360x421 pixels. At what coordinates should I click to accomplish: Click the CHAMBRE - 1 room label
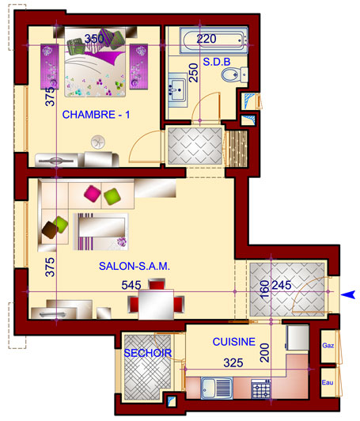tap(96, 115)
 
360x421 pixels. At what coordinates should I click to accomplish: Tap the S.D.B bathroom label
tap(217, 62)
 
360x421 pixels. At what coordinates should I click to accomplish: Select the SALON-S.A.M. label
tap(135, 266)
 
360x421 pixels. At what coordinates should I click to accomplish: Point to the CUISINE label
tap(234, 342)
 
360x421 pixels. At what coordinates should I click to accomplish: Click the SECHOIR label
tap(148, 353)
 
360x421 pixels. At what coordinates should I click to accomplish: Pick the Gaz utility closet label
tap(328, 346)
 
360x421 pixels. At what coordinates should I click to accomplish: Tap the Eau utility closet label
tap(328, 382)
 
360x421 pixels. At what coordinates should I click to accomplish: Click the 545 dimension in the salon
tap(131, 285)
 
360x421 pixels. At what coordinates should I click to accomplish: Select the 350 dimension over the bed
tap(94, 39)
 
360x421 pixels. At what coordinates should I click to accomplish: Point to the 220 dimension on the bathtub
tap(207, 39)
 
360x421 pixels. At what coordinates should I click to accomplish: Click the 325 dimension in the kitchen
tap(233, 363)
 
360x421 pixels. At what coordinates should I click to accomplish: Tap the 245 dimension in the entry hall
tap(282, 285)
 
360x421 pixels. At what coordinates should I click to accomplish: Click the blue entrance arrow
tap(348, 294)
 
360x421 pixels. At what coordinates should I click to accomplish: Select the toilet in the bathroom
tap(234, 74)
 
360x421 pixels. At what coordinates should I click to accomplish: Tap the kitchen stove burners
tap(261, 389)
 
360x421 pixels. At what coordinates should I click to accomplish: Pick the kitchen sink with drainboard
tap(217, 388)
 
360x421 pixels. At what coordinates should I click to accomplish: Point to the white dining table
tap(156, 304)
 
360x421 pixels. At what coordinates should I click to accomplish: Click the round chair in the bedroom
tap(98, 142)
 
